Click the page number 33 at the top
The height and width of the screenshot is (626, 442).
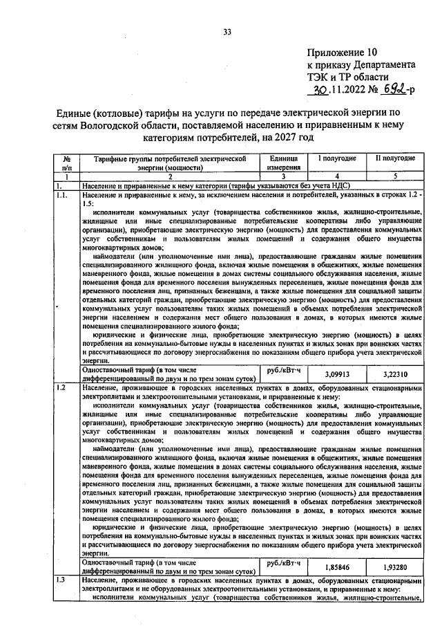pos(227,30)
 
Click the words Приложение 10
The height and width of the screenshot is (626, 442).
pos(343,52)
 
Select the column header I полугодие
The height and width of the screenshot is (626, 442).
pos(336,158)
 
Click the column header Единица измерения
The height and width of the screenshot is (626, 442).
pos(284,163)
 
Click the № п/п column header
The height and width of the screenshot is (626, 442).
pos(67,163)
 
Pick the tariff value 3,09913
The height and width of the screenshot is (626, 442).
pos(336,374)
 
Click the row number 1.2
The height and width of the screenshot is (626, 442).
pos(62,388)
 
